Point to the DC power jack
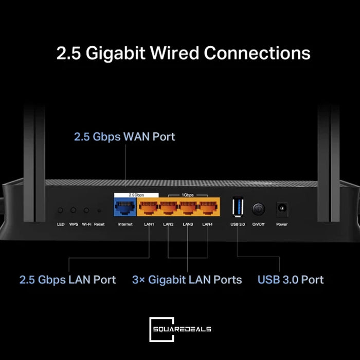[282, 209]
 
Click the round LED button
[61, 210]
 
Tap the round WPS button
[74, 210]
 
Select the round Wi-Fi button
[86, 210]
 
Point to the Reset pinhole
[99, 211]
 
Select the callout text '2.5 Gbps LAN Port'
[67, 280]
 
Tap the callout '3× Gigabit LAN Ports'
[187, 280]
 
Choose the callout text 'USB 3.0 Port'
[291, 280]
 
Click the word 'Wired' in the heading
[172, 53]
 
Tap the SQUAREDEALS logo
[180, 329]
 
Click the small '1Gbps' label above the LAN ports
[187, 195]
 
